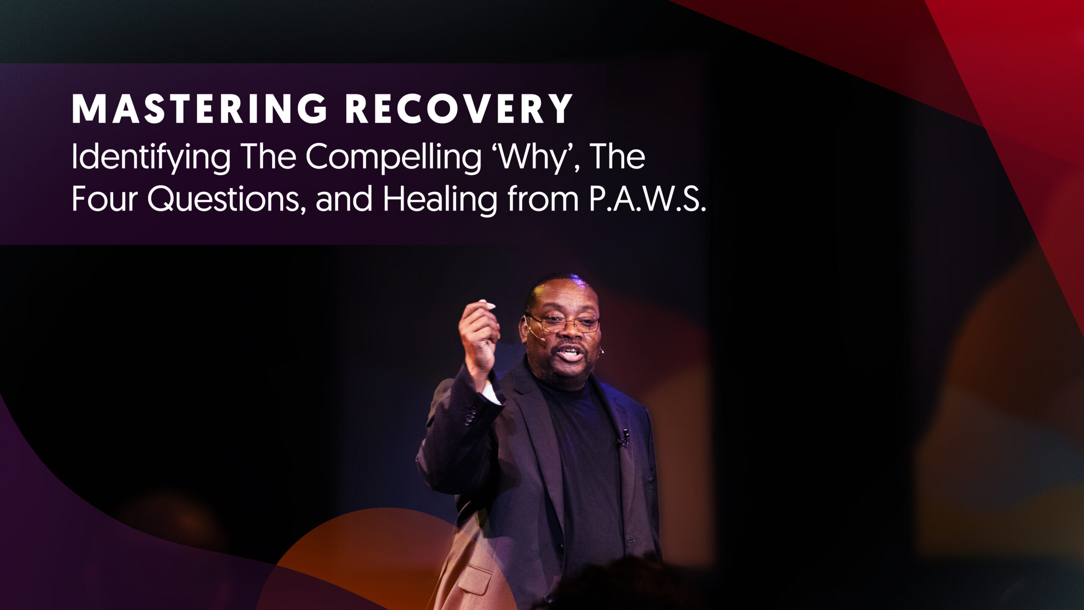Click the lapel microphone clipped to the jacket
[x=624, y=438]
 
